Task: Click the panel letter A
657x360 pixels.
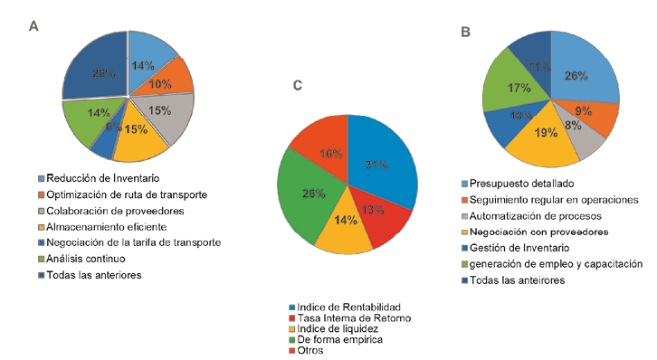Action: click(x=33, y=27)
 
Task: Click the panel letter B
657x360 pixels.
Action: click(x=464, y=32)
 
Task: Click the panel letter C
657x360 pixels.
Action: click(x=297, y=86)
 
